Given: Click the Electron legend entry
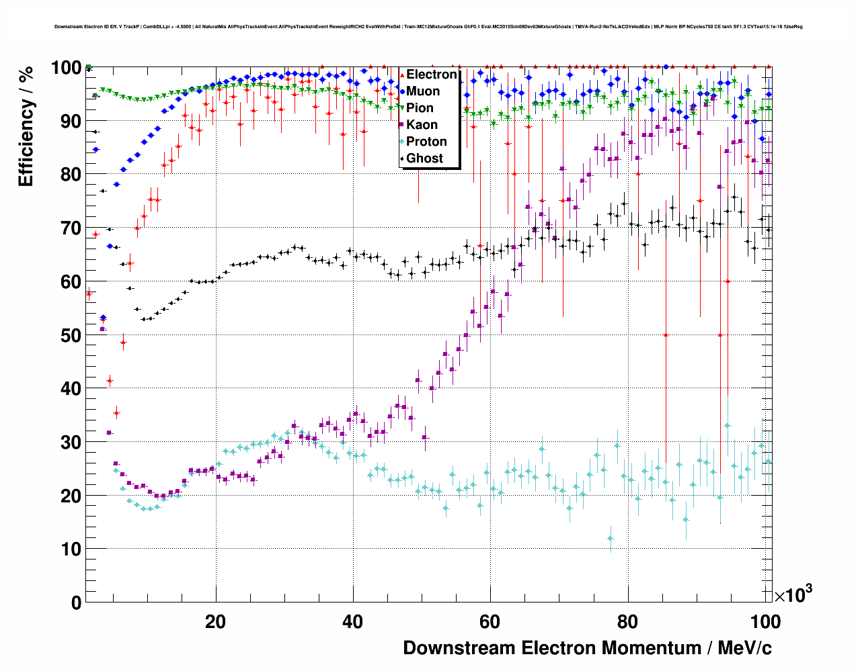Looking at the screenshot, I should click(431, 75).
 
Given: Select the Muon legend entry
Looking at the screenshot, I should click(423, 91).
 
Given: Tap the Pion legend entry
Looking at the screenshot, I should click(420, 108).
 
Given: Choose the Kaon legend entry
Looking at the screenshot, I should click(422, 125).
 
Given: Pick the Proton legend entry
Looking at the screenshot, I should click(426, 142).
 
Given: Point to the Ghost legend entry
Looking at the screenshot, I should click(424, 159).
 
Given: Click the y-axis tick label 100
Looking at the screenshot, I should click(67, 68).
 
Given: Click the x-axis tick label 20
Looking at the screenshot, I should click(215, 622).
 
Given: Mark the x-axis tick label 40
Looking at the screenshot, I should click(353, 622).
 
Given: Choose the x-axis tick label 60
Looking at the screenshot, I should click(490, 622).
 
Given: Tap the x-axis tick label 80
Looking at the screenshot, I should click(627, 622).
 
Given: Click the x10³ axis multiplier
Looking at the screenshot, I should click(793, 594).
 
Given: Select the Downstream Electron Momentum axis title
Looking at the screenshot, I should click(587, 648).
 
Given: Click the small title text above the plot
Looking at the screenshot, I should click(428, 27).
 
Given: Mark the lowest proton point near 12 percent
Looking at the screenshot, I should click(611, 538).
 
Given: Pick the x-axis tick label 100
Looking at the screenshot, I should click(765, 622).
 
